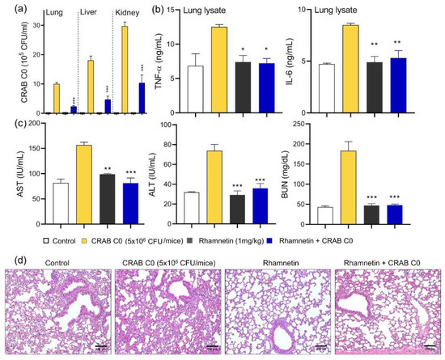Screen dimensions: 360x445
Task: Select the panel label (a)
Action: coord(11,10)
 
